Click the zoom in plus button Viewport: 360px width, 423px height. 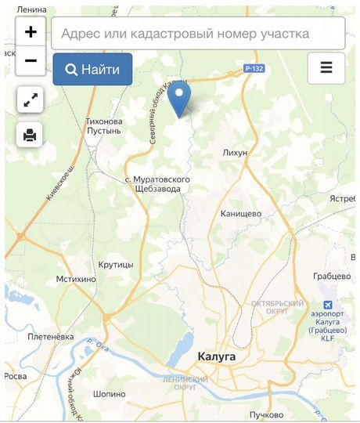[x=31, y=32]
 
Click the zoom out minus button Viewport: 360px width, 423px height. [x=31, y=60]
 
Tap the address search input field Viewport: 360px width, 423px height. [x=198, y=34]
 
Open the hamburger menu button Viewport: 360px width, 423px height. [x=326, y=68]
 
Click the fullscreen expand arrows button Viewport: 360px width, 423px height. [x=31, y=100]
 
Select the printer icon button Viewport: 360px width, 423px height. [x=31, y=135]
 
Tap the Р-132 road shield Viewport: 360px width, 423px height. [x=254, y=69]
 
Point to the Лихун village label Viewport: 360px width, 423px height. [x=235, y=152]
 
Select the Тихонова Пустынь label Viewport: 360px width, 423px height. [x=104, y=126]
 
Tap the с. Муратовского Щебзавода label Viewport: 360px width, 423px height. [x=157, y=184]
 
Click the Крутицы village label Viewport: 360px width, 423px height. [x=117, y=265]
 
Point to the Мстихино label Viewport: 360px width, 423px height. [x=77, y=279]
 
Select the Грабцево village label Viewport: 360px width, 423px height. [x=331, y=276]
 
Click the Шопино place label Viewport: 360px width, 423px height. [x=110, y=394]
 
